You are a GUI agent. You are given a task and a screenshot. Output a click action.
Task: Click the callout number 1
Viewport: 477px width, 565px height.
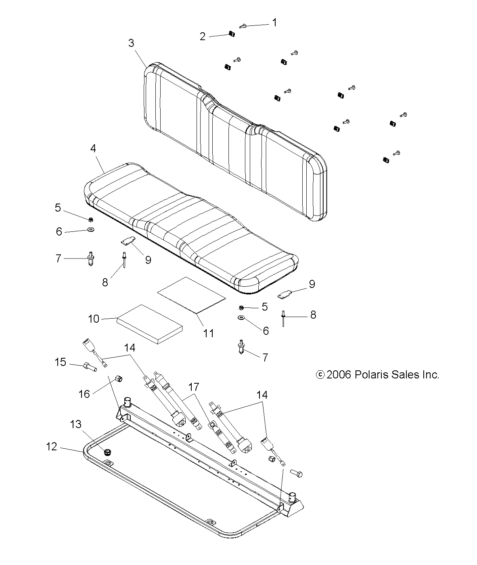pos(275,23)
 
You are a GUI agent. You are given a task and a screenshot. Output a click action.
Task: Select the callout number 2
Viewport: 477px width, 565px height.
pos(203,36)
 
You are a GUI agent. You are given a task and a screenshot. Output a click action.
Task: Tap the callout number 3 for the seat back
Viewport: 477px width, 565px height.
pos(132,43)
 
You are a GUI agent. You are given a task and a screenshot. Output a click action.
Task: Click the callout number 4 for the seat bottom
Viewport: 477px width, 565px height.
pos(93,149)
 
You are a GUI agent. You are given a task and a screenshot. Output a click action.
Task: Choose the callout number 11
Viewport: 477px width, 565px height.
pos(209,333)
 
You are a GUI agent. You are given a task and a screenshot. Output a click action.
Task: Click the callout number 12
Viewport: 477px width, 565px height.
pos(52,447)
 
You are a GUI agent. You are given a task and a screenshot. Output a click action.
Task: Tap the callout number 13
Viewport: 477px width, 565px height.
pos(76,424)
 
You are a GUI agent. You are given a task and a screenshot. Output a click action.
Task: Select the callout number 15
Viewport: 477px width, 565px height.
pos(61,362)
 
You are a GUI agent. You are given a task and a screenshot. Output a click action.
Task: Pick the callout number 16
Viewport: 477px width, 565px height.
pos(84,393)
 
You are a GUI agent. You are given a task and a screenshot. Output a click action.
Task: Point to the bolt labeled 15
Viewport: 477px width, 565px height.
pos(90,368)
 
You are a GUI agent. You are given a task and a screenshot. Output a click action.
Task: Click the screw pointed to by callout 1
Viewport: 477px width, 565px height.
pos(243,26)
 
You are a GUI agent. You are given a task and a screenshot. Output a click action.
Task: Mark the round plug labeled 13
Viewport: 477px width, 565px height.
pos(107,452)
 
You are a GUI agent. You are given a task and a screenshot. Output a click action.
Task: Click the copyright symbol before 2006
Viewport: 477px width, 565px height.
pos(320,375)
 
